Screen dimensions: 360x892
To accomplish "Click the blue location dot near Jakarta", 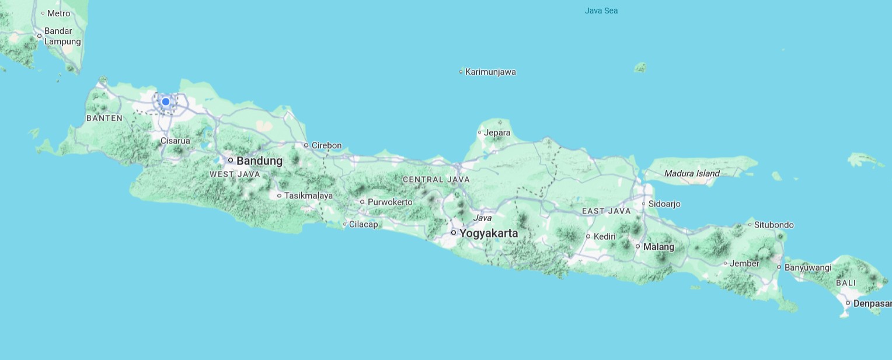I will click(x=166, y=102).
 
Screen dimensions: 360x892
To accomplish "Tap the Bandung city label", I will click(x=259, y=160).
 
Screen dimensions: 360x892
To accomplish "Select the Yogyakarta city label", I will click(x=488, y=233).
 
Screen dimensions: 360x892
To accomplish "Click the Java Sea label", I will click(x=601, y=11).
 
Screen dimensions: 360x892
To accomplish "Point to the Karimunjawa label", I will click(x=490, y=72).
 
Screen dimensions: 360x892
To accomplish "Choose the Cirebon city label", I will click(x=326, y=145).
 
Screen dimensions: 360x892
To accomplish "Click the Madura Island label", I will click(x=692, y=173).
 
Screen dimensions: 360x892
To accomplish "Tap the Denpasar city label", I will click(x=872, y=303).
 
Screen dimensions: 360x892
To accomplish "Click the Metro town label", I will click(x=58, y=13).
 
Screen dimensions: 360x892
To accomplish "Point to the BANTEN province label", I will click(x=104, y=118).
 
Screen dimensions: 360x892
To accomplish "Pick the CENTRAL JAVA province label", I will click(x=436, y=179).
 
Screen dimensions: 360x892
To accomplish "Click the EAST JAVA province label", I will click(x=607, y=211).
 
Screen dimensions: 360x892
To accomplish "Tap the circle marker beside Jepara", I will click(x=480, y=132).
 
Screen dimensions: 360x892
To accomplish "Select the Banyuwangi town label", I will click(x=807, y=267).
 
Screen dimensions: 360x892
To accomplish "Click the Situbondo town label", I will click(x=773, y=225).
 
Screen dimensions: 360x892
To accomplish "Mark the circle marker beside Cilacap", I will click(x=345, y=224).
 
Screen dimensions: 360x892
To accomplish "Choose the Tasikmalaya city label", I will click(x=308, y=195).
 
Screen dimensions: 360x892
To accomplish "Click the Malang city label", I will click(x=658, y=247).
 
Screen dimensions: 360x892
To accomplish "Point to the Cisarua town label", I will click(x=175, y=141).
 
